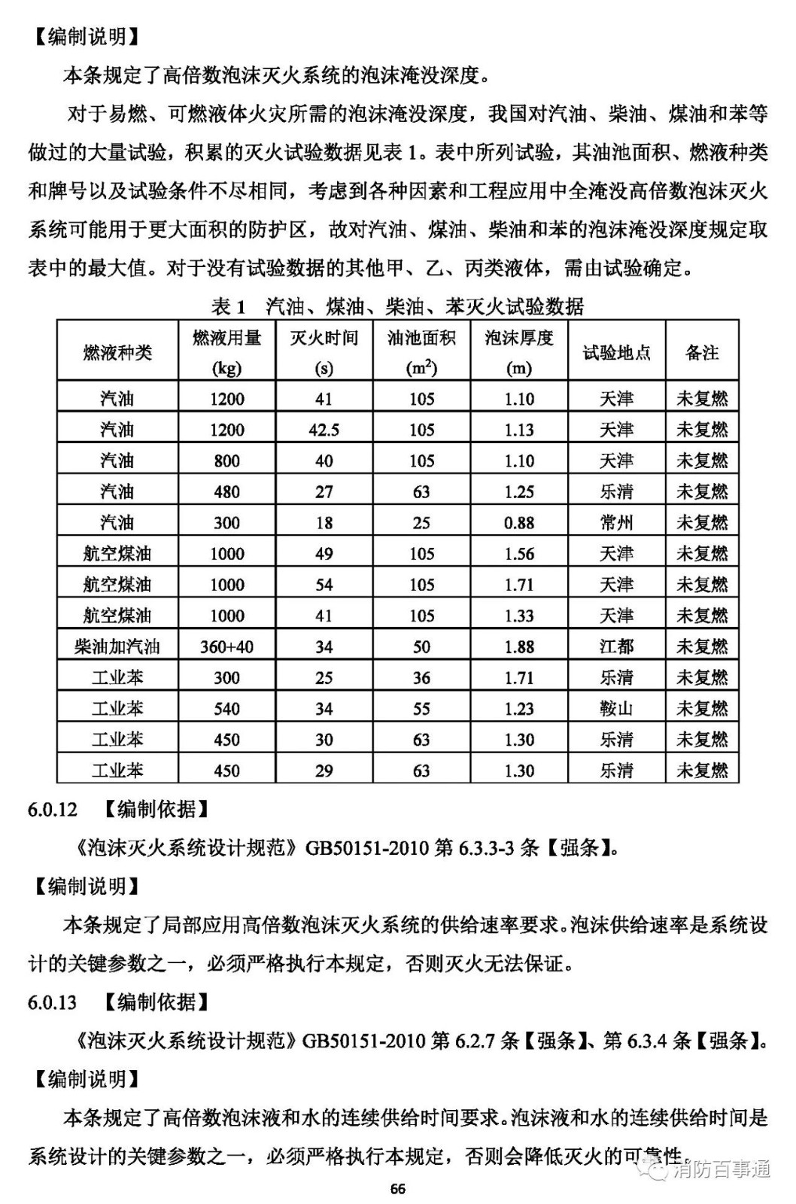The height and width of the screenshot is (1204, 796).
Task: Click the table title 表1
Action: pyautogui.click(x=229, y=306)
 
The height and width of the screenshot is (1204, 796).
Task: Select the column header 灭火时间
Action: pyautogui.click(x=324, y=339)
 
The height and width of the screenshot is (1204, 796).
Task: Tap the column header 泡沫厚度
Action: pyautogui.click(x=519, y=339)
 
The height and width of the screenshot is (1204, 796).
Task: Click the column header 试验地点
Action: pyautogui.click(x=616, y=352)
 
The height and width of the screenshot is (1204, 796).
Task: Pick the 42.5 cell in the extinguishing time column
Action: pyautogui.click(x=324, y=430)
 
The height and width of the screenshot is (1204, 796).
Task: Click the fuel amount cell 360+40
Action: pyautogui.click(x=226, y=646)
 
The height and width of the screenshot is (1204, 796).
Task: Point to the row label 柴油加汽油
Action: pyautogui.click(x=117, y=646)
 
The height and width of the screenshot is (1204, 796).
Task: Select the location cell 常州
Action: pyautogui.click(x=616, y=522)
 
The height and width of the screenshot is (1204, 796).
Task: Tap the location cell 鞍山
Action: pyautogui.click(x=616, y=708)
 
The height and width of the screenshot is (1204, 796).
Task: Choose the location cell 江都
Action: pyautogui.click(x=616, y=646)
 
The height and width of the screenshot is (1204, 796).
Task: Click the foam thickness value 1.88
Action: pyautogui.click(x=519, y=646)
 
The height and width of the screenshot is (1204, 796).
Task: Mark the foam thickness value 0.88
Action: pyautogui.click(x=519, y=522)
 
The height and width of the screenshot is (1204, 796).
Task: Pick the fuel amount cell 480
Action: pyautogui.click(x=226, y=491)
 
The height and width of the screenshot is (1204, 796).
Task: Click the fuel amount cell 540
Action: pyautogui.click(x=226, y=708)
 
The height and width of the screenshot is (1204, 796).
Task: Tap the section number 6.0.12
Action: pyautogui.click(x=53, y=810)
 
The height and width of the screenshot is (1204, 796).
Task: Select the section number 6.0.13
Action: pyautogui.click(x=53, y=1002)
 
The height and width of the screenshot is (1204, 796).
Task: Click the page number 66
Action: pyautogui.click(x=398, y=1189)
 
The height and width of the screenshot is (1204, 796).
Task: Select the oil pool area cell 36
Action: pyautogui.click(x=421, y=677)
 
